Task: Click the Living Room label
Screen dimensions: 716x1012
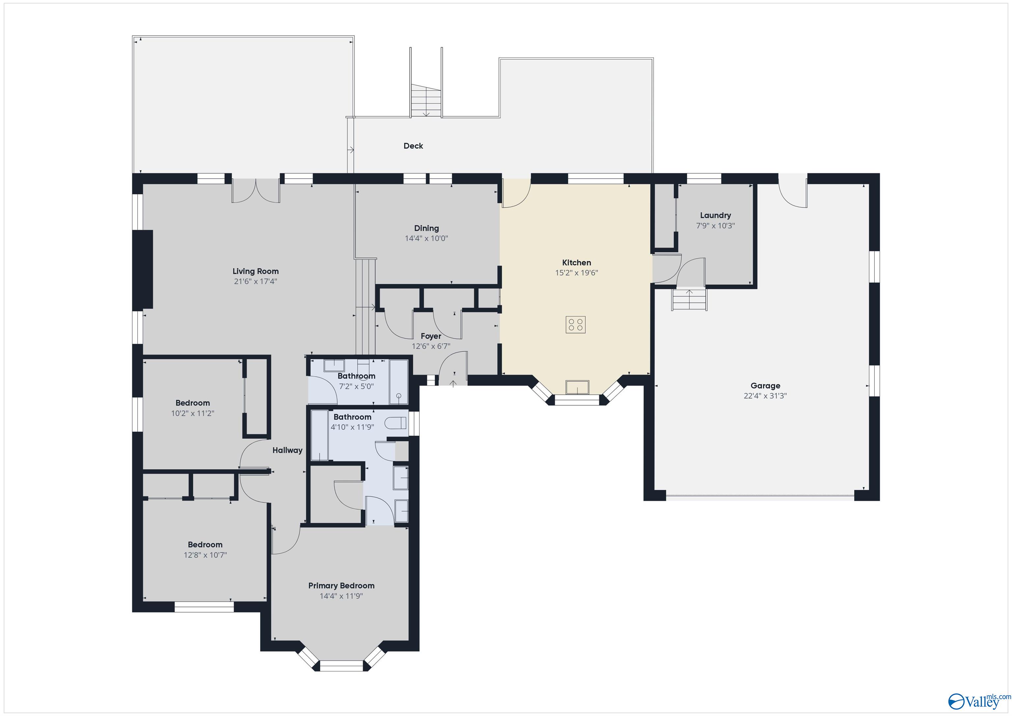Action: [x=256, y=271]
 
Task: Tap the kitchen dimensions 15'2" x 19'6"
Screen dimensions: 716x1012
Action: [x=576, y=273]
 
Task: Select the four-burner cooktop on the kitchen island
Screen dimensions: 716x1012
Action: [x=576, y=325]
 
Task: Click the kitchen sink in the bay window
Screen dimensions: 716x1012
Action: [x=577, y=387]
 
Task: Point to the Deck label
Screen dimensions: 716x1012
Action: [x=413, y=146]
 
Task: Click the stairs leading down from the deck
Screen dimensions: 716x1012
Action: [x=426, y=100]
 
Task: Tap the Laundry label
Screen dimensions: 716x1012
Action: [x=716, y=215]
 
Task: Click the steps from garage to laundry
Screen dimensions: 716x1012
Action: [x=689, y=300]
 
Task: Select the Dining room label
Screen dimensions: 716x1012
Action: [x=426, y=228]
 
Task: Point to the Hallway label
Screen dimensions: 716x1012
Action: [x=287, y=450]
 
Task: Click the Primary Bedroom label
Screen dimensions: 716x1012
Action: [x=341, y=586]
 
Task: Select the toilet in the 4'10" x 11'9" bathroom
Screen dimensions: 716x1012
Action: [x=395, y=423]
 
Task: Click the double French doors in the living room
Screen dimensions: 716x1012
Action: [x=256, y=190]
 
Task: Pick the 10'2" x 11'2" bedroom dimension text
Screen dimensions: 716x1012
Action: [x=193, y=414]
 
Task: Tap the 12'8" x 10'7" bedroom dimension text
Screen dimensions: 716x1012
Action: [x=205, y=555]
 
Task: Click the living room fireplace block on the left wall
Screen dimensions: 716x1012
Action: [x=143, y=269]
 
